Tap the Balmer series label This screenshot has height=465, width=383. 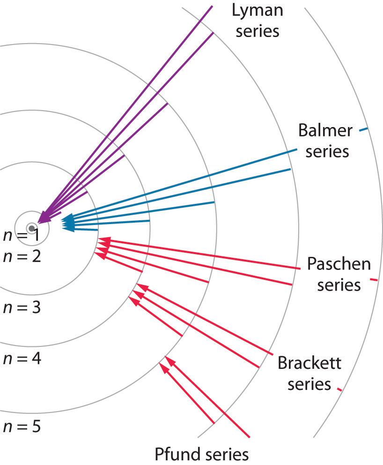(x=325, y=141)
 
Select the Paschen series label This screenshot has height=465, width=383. (x=339, y=274)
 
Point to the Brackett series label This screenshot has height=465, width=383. (x=309, y=373)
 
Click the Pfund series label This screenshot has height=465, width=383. (x=202, y=454)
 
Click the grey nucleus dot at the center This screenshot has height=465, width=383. (x=31, y=228)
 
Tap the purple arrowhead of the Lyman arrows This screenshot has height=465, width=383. (x=44, y=217)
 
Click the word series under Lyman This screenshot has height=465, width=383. (x=256, y=31)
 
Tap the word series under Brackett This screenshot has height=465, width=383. (x=309, y=384)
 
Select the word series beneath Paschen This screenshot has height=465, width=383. (x=339, y=285)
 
